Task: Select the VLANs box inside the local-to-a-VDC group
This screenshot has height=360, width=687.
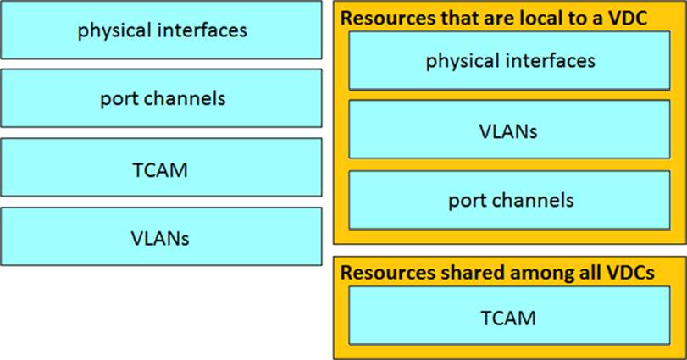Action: pyautogui.click(x=508, y=130)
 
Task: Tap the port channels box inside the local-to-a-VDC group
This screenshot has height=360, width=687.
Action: pyautogui.click(x=510, y=200)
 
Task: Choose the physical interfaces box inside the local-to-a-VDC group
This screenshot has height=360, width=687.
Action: pyautogui.click(x=510, y=60)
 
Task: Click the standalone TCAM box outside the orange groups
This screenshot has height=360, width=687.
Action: pyautogui.click(x=161, y=168)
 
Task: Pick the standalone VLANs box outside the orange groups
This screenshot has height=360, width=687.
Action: pyautogui.click(x=161, y=237)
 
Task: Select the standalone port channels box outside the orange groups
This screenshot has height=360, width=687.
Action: pyautogui.click(x=161, y=98)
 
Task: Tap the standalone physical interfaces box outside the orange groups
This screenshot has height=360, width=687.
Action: pyautogui.click(x=161, y=30)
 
